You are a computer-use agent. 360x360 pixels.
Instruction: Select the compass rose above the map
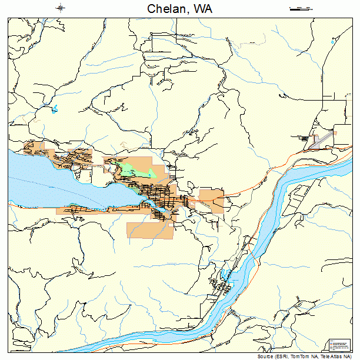[61, 8]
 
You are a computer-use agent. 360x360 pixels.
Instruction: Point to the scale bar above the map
[300, 8]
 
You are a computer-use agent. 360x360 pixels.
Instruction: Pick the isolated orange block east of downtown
[211, 200]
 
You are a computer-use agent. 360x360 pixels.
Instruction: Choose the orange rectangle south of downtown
[151, 229]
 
